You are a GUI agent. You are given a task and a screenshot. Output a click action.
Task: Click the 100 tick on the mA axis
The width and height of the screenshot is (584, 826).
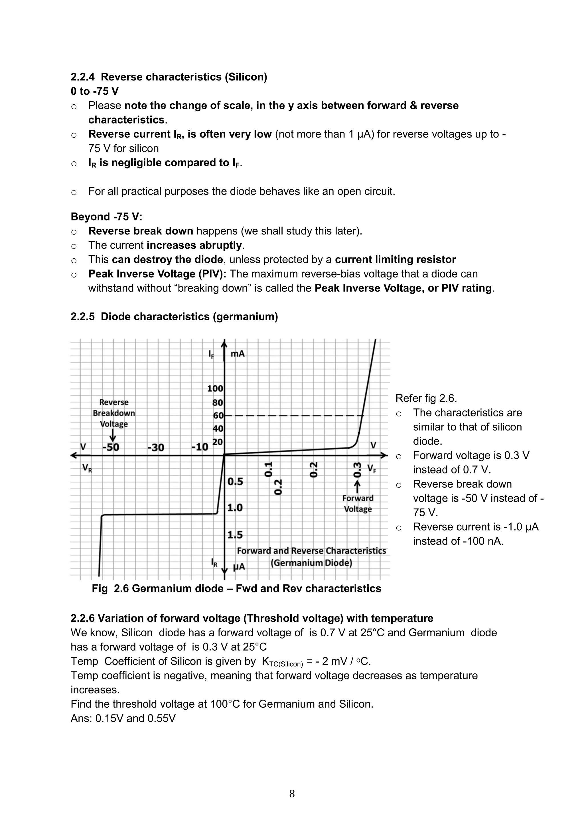pyautogui.click(x=215, y=388)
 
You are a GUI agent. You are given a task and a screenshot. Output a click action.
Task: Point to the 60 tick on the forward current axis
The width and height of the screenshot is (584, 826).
pyautogui.click(x=218, y=416)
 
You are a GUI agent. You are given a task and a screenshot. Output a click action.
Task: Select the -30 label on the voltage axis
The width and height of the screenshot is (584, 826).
pyautogui.click(x=156, y=447)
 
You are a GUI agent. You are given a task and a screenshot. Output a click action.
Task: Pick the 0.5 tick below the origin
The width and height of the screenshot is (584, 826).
pyautogui.click(x=235, y=481)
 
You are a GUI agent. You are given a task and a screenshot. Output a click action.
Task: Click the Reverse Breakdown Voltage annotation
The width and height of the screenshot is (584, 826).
pyautogui.click(x=114, y=413)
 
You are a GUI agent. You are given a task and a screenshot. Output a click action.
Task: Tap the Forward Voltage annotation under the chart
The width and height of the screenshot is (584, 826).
pyautogui.click(x=358, y=503)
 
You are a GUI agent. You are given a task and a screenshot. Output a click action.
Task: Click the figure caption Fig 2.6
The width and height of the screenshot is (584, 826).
pyautogui.click(x=236, y=589)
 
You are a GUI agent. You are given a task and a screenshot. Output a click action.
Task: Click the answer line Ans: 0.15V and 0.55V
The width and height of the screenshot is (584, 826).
pyautogui.click(x=123, y=718)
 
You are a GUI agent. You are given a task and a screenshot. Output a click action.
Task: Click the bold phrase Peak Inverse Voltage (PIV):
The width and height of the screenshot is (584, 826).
pyautogui.click(x=157, y=274)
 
